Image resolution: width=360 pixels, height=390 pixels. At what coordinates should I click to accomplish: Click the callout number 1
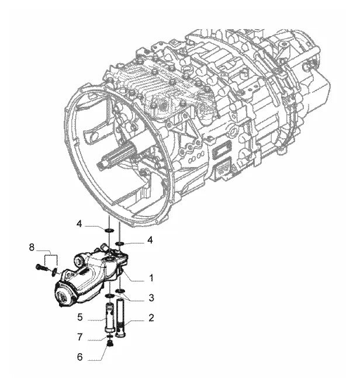point(151,278)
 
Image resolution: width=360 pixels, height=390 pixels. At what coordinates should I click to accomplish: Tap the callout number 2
point(151,318)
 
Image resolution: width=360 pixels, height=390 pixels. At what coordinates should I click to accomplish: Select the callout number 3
point(151,298)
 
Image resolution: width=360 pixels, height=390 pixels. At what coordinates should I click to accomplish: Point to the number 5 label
point(80,317)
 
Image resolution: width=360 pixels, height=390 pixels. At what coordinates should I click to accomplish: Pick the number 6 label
point(79,357)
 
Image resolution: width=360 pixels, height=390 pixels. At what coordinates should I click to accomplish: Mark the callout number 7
point(79,337)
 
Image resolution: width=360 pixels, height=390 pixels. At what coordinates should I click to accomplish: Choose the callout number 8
point(32,248)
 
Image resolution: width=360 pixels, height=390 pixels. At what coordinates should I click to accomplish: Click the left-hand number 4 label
point(79,224)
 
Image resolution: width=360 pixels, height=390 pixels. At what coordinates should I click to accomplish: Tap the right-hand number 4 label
point(150,240)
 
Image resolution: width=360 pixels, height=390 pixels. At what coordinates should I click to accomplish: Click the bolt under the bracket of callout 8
point(41,268)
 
